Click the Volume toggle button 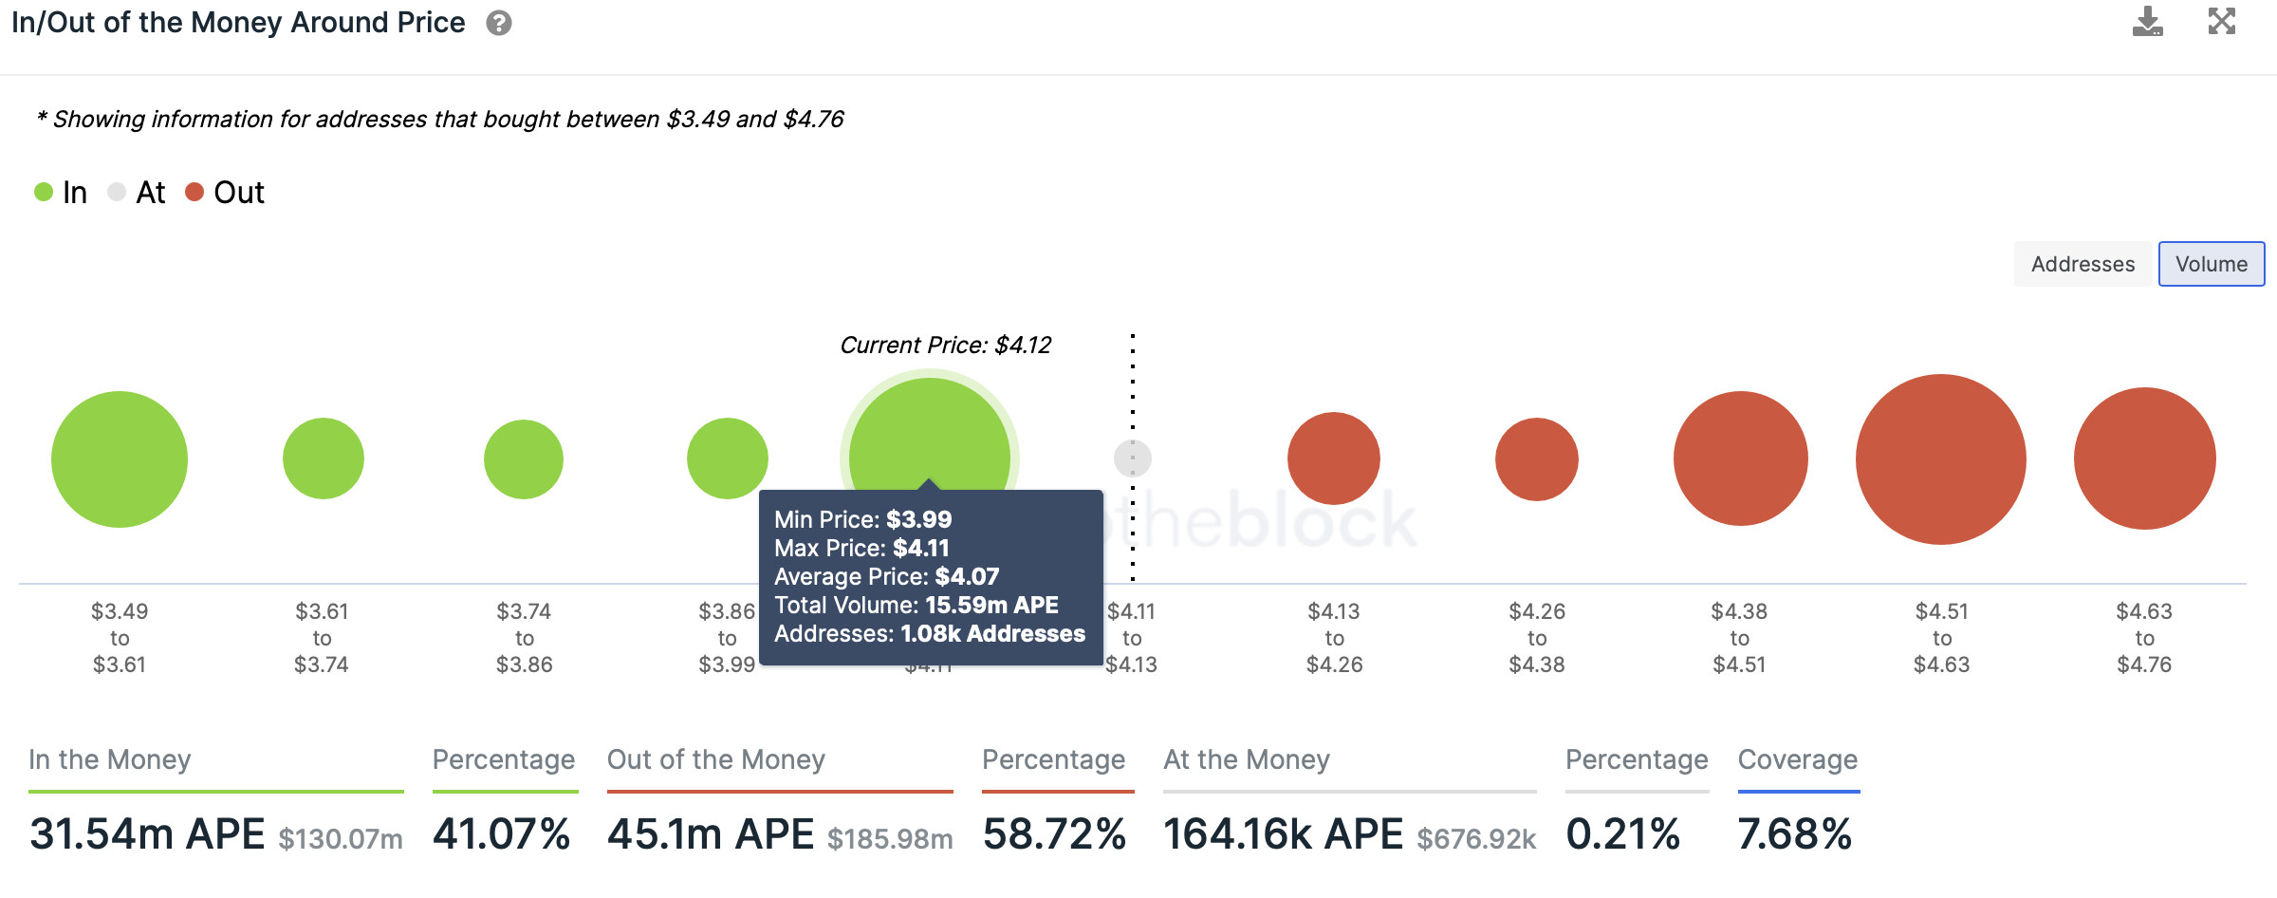[x=2211, y=264]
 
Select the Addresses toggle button [x=2083, y=264]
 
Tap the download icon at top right [x=2147, y=22]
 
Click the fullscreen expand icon [x=2222, y=21]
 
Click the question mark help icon [x=499, y=23]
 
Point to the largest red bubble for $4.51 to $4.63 [x=1940, y=459]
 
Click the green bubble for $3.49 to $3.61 [x=120, y=459]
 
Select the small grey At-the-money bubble [x=1132, y=458]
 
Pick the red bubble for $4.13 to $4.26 [x=1333, y=458]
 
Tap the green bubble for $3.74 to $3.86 [x=524, y=459]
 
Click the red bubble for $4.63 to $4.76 [x=2144, y=458]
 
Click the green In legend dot [x=44, y=193]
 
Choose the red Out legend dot [x=194, y=193]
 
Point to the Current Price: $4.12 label [x=945, y=346]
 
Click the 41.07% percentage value [x=501, y=834]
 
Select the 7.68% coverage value [x=1794, y=834]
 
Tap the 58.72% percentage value [x=1054, y=834]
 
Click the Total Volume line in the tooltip [x=916, y=606]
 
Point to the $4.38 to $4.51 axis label [x=1739, y=638]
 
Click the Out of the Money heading [x=715, y=759]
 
